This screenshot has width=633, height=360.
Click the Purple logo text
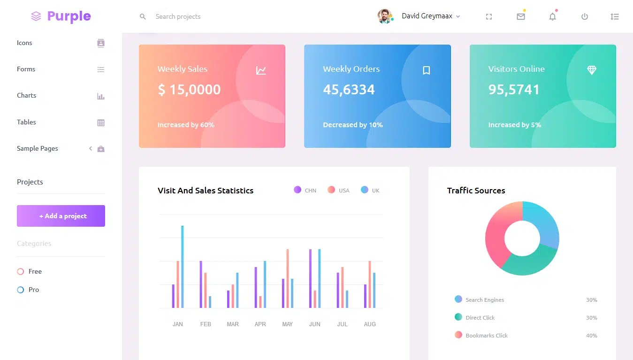69,16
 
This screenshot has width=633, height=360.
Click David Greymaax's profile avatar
384,16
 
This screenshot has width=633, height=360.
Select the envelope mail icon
520,17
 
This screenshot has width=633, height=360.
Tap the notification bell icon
552,17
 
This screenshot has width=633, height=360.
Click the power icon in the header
584,17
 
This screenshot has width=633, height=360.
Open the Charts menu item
27,95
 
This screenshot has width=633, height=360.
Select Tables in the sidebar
27,122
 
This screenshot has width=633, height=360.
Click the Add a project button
61,216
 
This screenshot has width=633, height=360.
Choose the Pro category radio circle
21,290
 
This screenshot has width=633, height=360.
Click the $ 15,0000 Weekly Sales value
189,90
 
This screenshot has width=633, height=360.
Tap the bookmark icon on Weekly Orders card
426,70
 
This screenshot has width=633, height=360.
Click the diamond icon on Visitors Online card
592,70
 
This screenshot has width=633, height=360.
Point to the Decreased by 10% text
353,125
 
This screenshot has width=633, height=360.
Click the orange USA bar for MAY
287,278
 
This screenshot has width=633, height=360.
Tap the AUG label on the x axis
370,324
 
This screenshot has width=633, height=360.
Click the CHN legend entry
305,190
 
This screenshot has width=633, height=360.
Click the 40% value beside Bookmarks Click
591,336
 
